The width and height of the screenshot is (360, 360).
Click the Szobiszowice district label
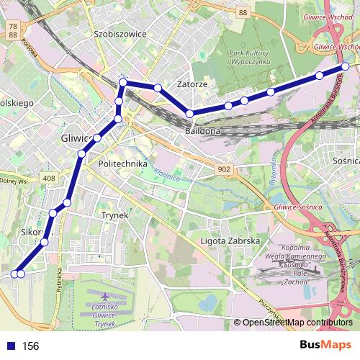(x=120, y=33)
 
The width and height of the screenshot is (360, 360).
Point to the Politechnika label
(x=122, y=164)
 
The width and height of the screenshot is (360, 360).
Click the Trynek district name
(x=114, y=215)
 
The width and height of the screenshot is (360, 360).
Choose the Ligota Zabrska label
(x=230, y=240)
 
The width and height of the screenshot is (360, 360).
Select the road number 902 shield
(x=224, y=168)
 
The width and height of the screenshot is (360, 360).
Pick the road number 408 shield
(x=49, y=177)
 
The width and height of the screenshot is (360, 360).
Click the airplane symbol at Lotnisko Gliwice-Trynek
(x=107, y=296)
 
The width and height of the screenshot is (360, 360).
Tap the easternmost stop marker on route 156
(x=346, y=66)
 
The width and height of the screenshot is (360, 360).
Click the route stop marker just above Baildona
(x=190, y=114)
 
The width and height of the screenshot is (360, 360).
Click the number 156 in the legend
(x=30, y=346)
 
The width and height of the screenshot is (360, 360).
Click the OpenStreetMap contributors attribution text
(x=297, y=323)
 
